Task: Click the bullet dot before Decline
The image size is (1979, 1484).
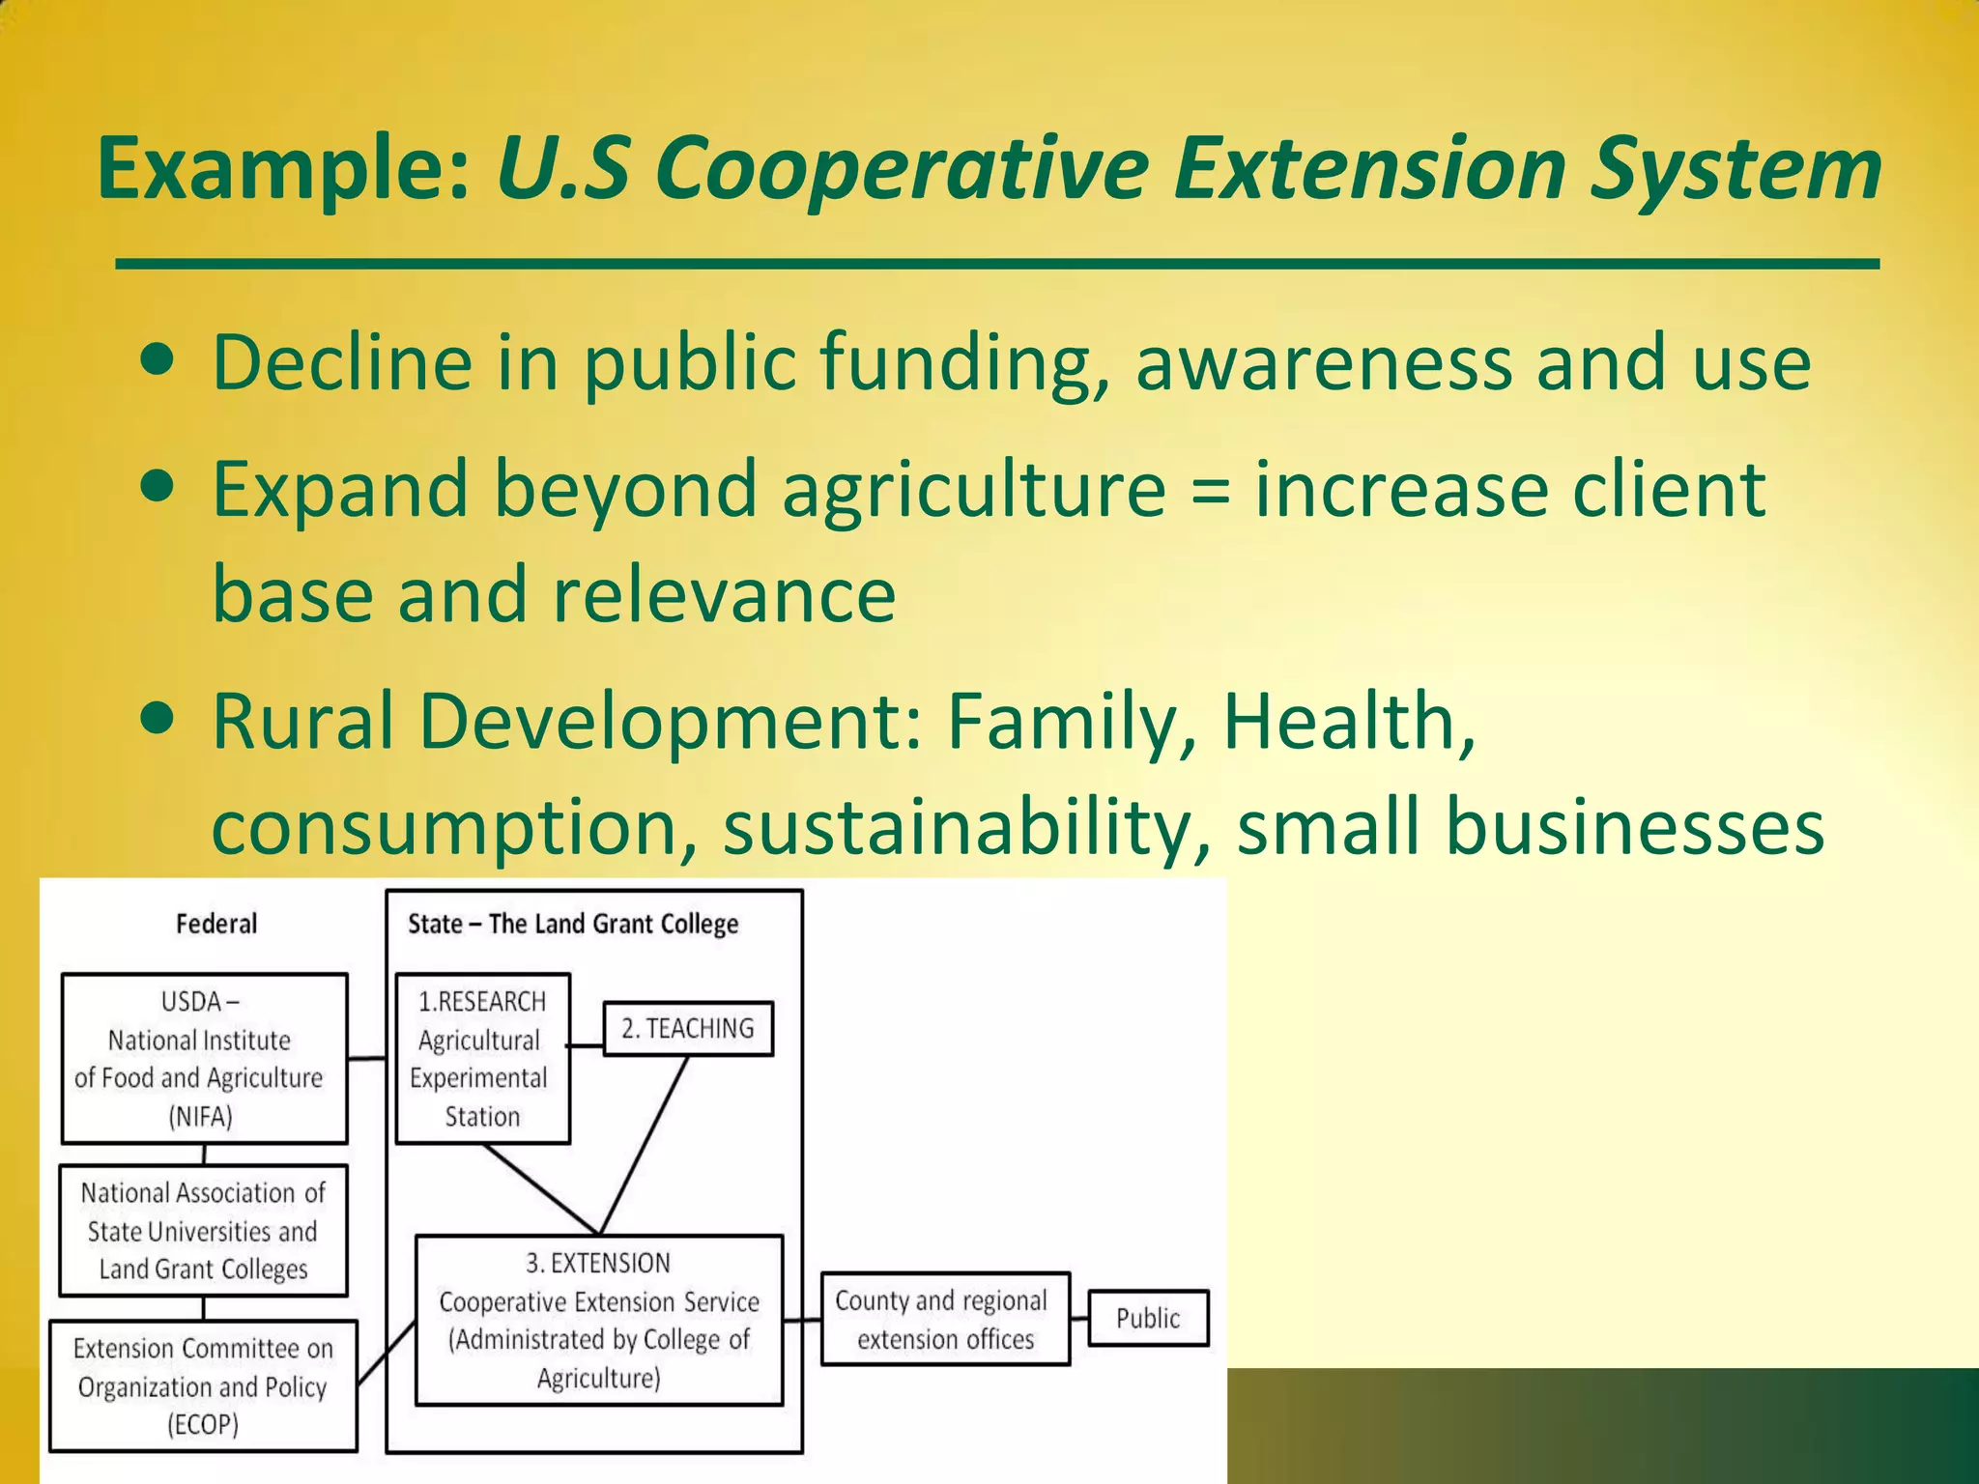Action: [x=157, y=360]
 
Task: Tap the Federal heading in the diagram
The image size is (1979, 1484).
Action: [x=216, y=924]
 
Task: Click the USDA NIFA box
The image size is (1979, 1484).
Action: [x=204, y=1058]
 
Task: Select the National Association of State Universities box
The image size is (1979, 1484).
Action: [x=203, y=1231]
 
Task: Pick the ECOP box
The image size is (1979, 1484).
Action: [x=203, y=1385]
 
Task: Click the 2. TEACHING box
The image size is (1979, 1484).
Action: [x=688, y=1028]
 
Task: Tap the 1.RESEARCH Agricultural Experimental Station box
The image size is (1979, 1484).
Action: [x=482, y=1058]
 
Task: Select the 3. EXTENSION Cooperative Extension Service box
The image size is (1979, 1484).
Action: [x=599, y=1320]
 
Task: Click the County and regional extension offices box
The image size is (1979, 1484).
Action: [x=945, y=1319]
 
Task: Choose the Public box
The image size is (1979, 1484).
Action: [x=1148, y=1318]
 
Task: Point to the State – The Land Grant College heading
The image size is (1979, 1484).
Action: [x=573, y=924]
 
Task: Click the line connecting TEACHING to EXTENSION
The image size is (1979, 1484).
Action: [x=645, y=1144]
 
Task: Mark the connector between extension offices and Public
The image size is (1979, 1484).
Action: [x=1079, y=1319]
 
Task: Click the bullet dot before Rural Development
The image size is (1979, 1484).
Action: [x=157, y=719]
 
